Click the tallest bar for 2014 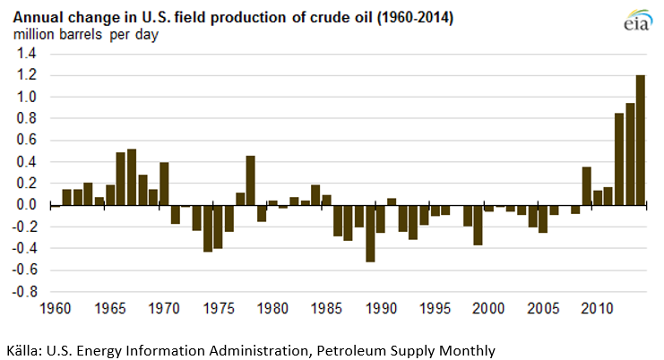(x=641, y=140)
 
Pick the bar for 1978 (x=251, y=180)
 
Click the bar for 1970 (x=165, y=184)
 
